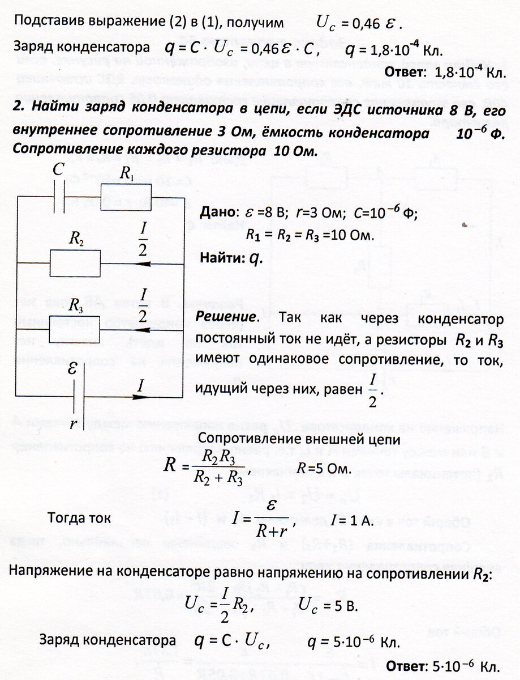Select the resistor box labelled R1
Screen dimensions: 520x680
click(126, 190)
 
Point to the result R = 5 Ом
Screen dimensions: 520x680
click(325, 469)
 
